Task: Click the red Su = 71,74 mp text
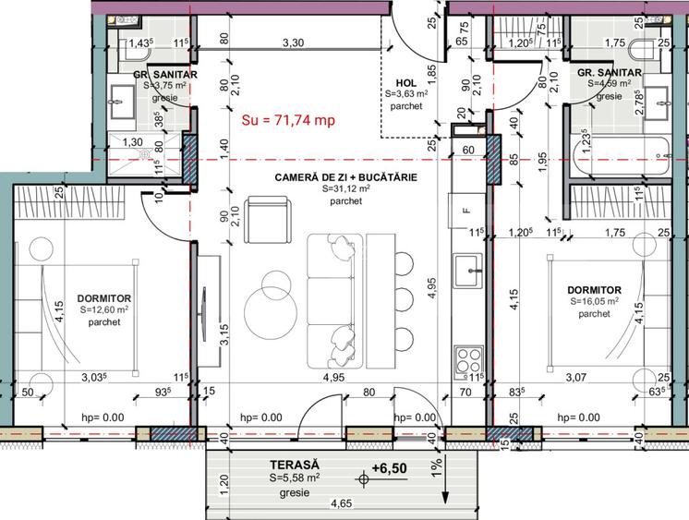(x=288, y=119)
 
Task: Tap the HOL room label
(x=406, y=82)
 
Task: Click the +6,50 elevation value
(x=390, y=468)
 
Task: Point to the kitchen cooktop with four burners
(x=468, y=360)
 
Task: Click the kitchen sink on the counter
(x=468, y=271)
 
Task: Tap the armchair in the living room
(x=267, y=219)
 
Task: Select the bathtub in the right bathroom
(x=620, y=155)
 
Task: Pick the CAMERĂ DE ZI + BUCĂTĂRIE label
(x=345, y=177)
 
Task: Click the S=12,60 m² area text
(x=104, y=310)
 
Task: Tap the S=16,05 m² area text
(x=595, y=301)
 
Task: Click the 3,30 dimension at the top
(x=293, y=42)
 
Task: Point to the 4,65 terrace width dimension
(x=342, y=503)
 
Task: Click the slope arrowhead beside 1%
(x=445, y=497)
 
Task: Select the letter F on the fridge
(x=466, y=211)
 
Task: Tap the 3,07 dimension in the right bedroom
(x=576, y=377)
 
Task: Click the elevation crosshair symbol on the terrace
(x=363, y=479)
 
